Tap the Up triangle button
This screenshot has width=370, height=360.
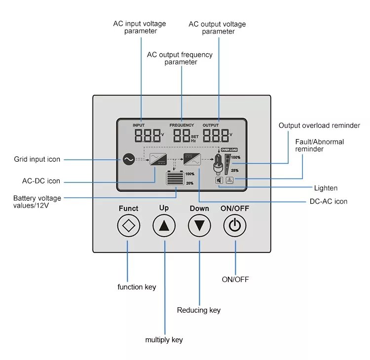[x=164, y=226]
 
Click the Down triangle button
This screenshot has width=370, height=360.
[x=199, y=226]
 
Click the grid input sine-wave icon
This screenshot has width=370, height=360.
[x=128, y=159]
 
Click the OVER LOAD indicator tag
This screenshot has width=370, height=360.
[x=230, y=149]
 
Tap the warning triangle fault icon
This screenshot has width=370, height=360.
[x=230, y=180]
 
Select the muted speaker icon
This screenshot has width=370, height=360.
[x=219, y=180]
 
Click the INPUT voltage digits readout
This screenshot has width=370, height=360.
[x=147, y=136]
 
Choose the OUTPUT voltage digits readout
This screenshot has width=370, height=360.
[x=216, y=136]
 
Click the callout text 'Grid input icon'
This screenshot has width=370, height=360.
[x=37, y=159]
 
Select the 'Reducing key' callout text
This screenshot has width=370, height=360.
[x=199, y=310]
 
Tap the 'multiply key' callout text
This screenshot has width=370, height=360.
[x=164, y=340]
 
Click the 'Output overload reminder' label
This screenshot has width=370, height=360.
[x=319, y=125]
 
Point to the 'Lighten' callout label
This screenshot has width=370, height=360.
[x=326, y=188]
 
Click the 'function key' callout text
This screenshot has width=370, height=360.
[x=137, y=287]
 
